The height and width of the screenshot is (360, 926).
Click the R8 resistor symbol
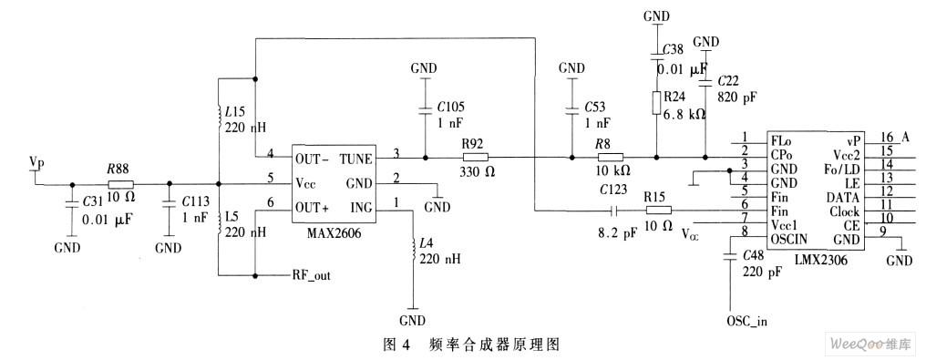click(x=609, y=158)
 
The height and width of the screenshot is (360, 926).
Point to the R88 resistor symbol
click(x=120, y=181)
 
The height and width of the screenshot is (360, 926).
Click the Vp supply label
click(x=36, y=161)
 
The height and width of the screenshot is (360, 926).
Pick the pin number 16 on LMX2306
click(x=887, y=138)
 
